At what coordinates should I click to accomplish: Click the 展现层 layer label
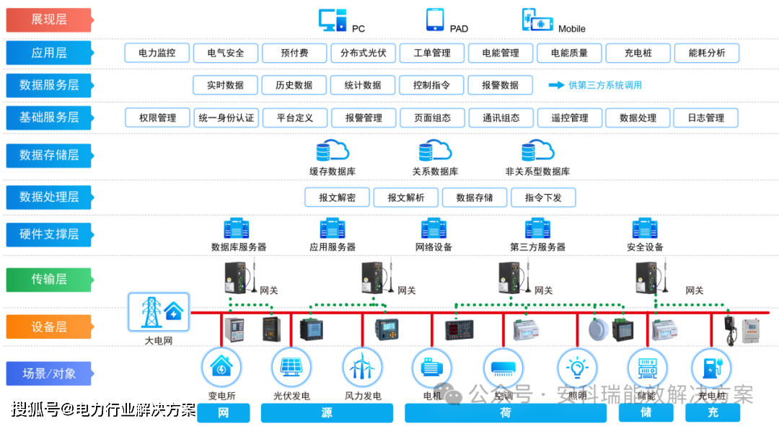pyautogui.click(x=49, y=20)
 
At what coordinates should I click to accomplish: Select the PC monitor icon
pyautogui.click(x=333, y=20)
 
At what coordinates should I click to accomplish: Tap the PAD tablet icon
pyautogui.click(x=435, y=19)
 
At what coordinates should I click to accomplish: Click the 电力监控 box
pyautogui.click(x=157, y=53)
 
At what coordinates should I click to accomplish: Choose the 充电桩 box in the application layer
pyautogui.click(x=638, y=53)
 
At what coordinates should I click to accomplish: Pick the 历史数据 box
pyautogui.click(x=294, y=85)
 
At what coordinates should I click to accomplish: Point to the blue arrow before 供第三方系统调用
pyautogui.click(x=556, y=85)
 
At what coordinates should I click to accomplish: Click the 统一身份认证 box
pyautogui.click(x=226, y=117)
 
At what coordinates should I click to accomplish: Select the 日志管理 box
pyautogui.click(x=706, y=117)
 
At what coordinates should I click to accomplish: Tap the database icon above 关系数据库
pyautogui.click(x=435, y=151)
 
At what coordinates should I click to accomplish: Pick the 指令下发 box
pyautogui.click(x=543, y=198)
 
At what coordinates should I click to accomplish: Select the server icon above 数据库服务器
pyautogui.click(x=238, y=228)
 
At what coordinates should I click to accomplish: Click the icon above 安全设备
pyautogui.click(x=645, y=228)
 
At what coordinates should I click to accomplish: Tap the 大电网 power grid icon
pyautogui.click(x=159, y=311)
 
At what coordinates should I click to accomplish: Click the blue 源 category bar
pyautogui.click(x=327, y=413)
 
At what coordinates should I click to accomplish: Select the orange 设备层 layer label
pyautogui.click(x=49, y=327)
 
